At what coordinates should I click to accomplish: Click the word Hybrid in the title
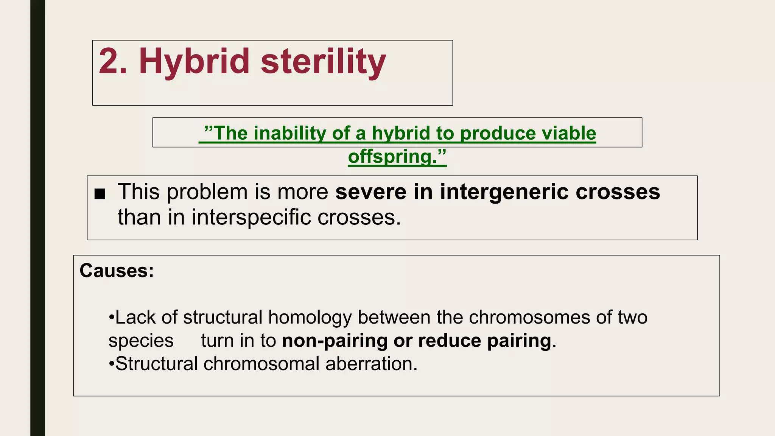[x=194, y=61]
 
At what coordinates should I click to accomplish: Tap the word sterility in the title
[x=323, y=61]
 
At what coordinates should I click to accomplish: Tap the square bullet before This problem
[x=100, y=194]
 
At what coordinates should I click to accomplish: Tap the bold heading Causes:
[x=117, y=271]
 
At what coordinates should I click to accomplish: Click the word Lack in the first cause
[x=135, y=317]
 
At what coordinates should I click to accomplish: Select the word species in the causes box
[x=141, y=341]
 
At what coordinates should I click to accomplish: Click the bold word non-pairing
[x=335, y=341]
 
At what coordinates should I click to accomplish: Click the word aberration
[x=371, y=364]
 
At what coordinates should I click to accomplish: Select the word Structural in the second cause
[x=156, y=364]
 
